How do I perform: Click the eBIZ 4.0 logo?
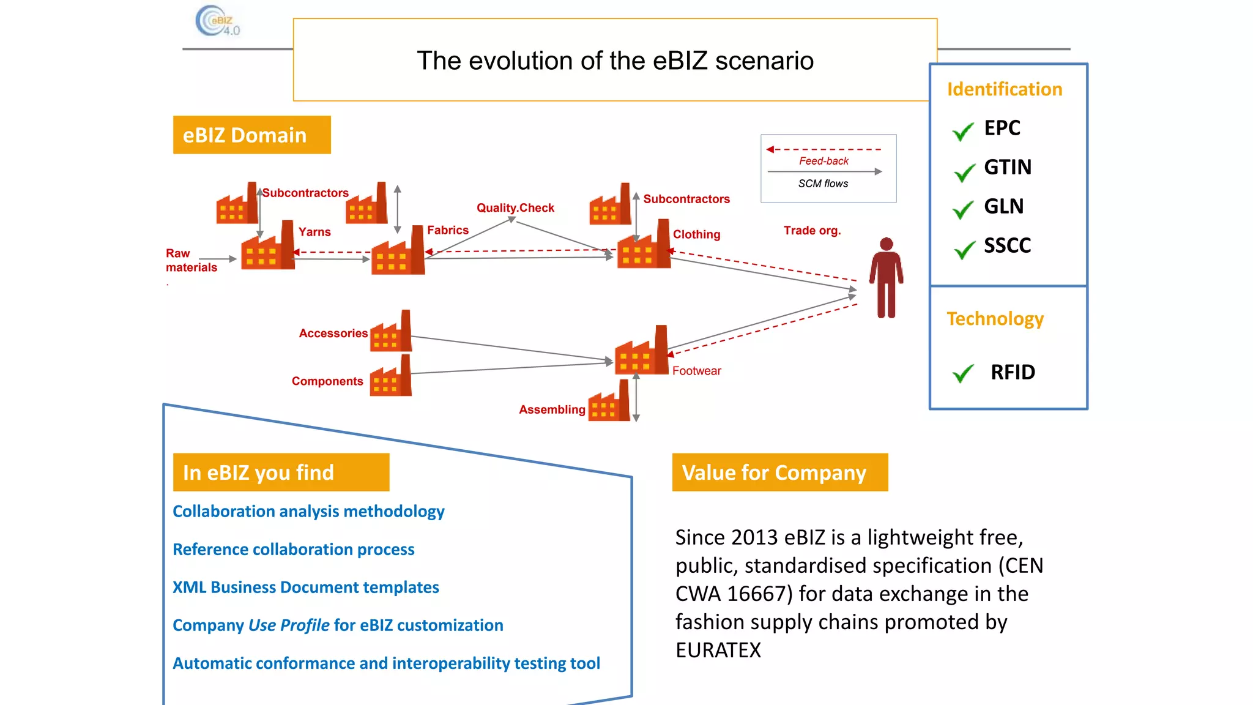(217, 21)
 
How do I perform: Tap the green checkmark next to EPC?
(963, 130)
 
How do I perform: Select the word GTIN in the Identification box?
(1007, 167)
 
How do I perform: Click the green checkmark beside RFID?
(963, 373)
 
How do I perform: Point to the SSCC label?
(1007, 245)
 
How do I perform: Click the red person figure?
(886, 278)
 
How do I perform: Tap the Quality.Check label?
(515, 208)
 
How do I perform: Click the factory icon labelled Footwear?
(642, 352)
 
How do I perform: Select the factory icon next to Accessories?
(391, 332)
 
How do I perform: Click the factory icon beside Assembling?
(609, 403)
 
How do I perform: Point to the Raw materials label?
(190, 260)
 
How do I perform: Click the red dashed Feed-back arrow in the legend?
(824, 149)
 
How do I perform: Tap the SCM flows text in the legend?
(823, 184)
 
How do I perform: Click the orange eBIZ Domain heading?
(251, 135)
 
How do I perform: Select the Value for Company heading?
(779, 472)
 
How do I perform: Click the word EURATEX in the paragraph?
(718, 650)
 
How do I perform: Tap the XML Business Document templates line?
(305, 587)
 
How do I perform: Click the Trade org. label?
(812, 231)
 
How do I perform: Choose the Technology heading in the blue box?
(995, 319)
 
